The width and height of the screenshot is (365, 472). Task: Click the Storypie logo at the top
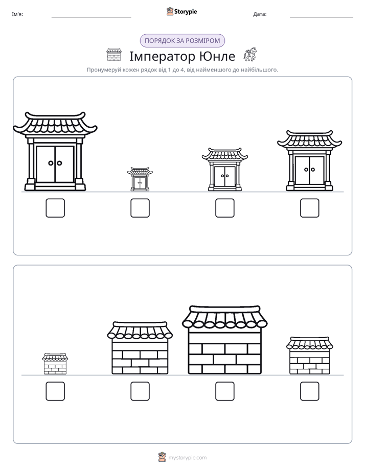coord(181,11)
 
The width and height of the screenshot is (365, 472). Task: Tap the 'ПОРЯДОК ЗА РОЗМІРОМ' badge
coord(182,41)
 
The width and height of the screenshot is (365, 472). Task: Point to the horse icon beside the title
coord(250,54)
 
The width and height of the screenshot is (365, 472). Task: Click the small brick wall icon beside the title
coord(114,55)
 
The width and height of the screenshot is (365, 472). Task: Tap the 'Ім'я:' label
coord(17,14)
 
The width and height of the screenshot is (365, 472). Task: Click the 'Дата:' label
coord(260,14)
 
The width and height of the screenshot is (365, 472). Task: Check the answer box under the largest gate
coord(55,208)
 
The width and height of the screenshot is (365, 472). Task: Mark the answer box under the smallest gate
coord(140,208)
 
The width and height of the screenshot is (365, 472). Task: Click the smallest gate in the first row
coord(140,179)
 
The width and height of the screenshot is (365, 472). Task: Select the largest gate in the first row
coord(55,151)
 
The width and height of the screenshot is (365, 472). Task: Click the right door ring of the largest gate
coord(60,163)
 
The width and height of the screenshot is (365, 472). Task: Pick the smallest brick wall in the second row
coord(55,364)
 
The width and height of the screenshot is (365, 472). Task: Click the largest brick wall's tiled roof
coord(224,317)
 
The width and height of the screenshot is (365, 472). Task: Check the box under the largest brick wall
coord(225,391)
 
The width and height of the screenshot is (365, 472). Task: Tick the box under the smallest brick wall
coord(55,391)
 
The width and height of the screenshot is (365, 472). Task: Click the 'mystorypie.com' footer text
coord(187,458)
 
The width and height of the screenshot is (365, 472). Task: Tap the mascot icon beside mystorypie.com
coord(162,457)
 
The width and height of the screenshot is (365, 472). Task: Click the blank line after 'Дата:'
coord(322,17)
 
